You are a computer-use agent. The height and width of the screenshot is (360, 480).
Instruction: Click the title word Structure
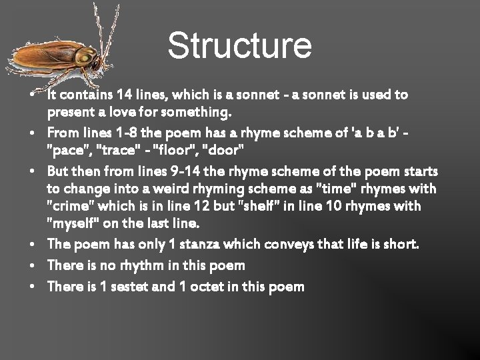click(239, 45)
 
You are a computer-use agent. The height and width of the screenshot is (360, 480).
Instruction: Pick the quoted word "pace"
click(65, 146)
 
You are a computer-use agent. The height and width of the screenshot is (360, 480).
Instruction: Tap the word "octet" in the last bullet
click(203, 287)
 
